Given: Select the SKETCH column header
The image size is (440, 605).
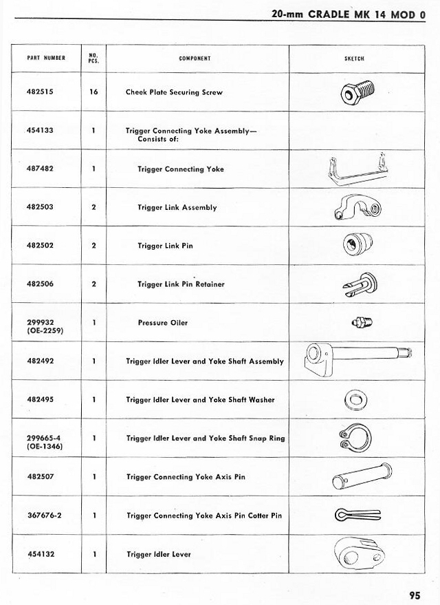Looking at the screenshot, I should (354, 59).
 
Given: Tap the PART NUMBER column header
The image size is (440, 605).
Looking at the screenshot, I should (45, 59).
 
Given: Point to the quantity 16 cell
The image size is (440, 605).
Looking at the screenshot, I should (93, 92).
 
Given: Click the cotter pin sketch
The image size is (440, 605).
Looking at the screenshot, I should (357, 515).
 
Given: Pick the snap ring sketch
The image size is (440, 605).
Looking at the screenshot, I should (355, 437).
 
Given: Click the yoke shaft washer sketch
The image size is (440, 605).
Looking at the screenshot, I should (356, 399).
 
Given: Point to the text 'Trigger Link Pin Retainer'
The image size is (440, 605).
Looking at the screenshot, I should (181, 284).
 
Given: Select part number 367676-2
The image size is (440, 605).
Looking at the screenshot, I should (44, 516).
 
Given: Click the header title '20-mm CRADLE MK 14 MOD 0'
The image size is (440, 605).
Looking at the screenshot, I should (348, 14).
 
